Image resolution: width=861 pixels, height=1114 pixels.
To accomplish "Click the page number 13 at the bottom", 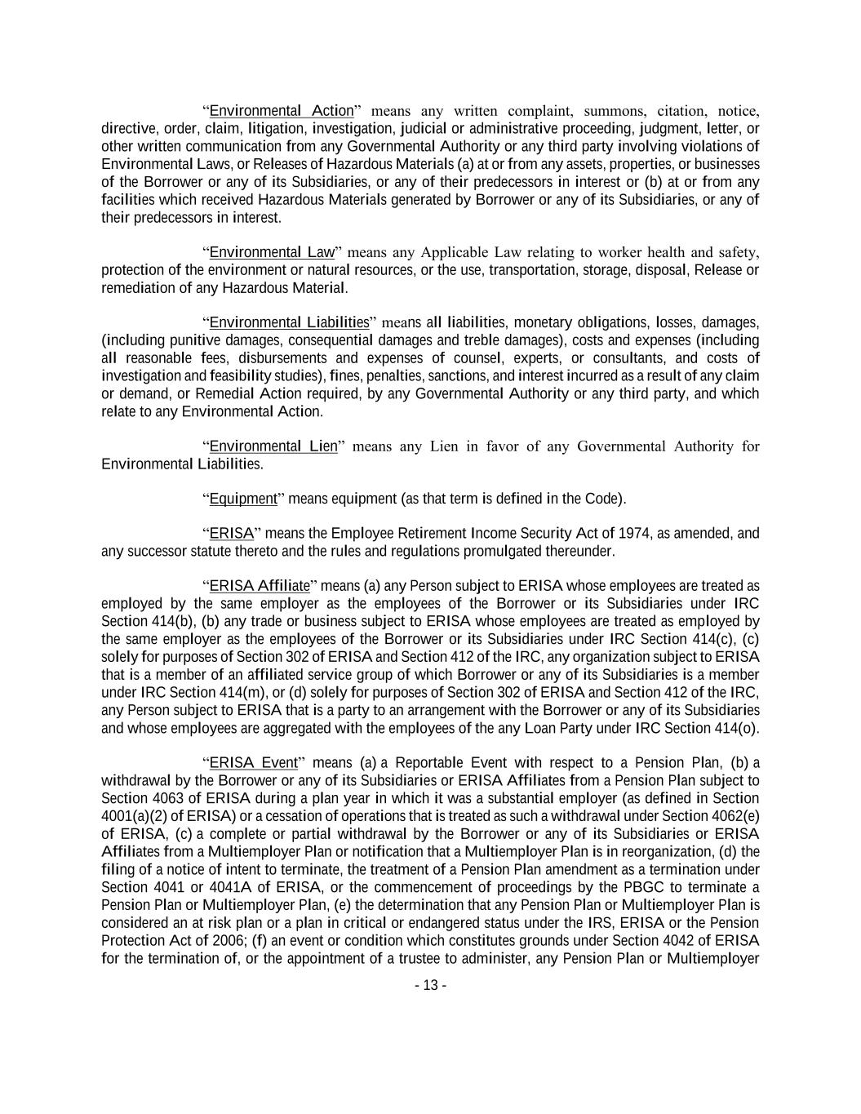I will pos(430,986).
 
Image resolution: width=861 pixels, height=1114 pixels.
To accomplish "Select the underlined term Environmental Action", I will pos(282,111).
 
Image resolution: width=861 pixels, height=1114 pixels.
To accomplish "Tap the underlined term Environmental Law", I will pos(273,252).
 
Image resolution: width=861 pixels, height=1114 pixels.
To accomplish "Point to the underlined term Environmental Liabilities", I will pos(289,322).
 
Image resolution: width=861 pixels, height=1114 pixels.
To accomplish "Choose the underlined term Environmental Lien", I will pos(273,446).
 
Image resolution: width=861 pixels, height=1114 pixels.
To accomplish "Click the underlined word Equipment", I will pos(243,499).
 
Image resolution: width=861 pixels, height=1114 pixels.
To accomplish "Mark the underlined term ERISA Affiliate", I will pos(260,586).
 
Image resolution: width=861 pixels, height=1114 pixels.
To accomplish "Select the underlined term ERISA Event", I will pos(253,763).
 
